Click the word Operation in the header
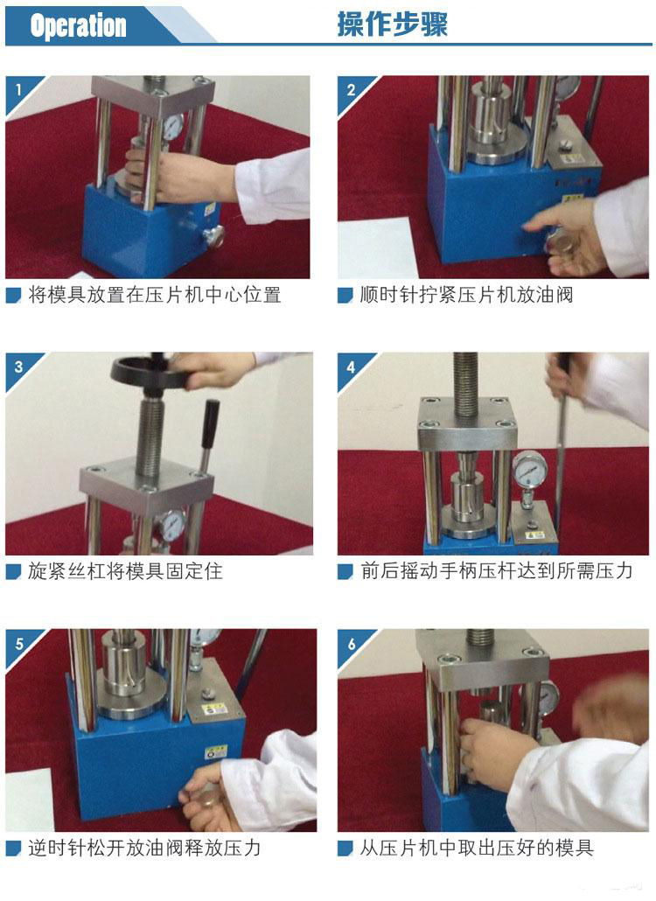(x=78, y=26)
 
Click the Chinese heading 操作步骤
(x=392, y=24)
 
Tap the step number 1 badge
(x=18, y=89)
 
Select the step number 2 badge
(x=351, y=89)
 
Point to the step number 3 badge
(x=18, y=367)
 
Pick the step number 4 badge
(x=351, y=367)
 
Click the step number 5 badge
(x=18, y=644)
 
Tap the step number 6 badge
(x=351, y=644)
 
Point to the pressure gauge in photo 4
(x=528, y=471)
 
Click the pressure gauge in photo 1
(x=173, y=126)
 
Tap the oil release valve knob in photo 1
(x=213, y=235)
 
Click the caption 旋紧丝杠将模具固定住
(x=125, y=571)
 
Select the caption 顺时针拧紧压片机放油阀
(x=466, y=295)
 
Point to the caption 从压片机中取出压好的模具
(x=476, y=849)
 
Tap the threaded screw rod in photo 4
(x=466, y=386)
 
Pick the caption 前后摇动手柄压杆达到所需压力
(x=496, y=571)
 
